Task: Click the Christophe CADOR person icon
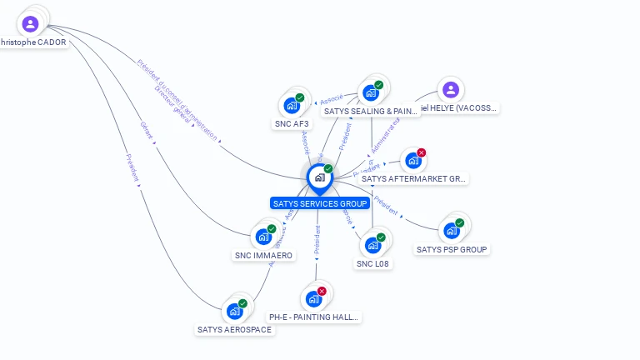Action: coord(31,22)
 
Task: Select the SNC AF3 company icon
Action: coord(291,105)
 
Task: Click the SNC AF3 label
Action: coord(292,123)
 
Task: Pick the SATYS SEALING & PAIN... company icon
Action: coord(371,92)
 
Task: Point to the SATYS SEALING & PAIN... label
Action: coord(370,111)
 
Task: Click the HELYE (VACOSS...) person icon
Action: coord(450,90)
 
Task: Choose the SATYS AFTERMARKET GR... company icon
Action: coord(412,161)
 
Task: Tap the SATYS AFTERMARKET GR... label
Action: coord(414,178)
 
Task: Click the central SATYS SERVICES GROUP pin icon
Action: coord(318,177)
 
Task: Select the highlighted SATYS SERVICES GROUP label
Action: coord(320,203)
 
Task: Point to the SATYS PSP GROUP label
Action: coord(452,249)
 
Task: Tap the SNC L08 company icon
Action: coord(372,245)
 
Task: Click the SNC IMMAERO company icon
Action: coord(263,237)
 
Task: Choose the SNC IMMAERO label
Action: coord(263,255)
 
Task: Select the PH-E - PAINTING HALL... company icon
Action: coord(313,298)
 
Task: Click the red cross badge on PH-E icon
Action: coord(322,291)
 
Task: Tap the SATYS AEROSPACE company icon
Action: coord(234,311)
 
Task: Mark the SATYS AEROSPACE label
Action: coord(234,329)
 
